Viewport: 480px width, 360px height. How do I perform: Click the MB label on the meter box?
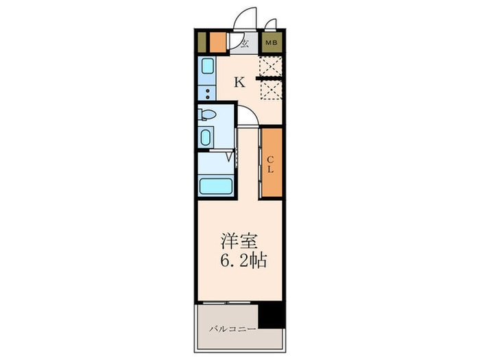click(272, 43)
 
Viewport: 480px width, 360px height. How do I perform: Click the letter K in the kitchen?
click(240, 82)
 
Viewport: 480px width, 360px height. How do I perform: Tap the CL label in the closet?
click(270, 165)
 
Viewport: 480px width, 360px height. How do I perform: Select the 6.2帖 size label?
click(243, 261)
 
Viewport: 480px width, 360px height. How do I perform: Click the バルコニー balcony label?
click(232, 329)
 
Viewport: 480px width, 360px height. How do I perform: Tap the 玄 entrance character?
click(244, 44)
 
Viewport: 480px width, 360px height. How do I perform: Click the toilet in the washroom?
click(207, 115)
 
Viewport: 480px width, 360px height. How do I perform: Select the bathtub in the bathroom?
click(216, 186)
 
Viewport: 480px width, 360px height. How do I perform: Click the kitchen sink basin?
click(207, 66)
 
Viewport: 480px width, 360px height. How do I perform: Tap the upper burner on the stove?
click(208, 91)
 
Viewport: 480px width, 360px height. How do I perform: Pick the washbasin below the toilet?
click(206, 137)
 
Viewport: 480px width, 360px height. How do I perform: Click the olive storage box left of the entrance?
click(202, 43)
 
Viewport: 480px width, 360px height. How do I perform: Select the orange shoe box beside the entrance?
click(218, 43)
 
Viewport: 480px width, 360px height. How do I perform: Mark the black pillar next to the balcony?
click(272, 316)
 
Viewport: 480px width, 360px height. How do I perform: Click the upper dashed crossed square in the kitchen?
click(270, 67)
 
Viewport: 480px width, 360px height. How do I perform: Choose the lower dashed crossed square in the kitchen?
click(271, 90)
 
